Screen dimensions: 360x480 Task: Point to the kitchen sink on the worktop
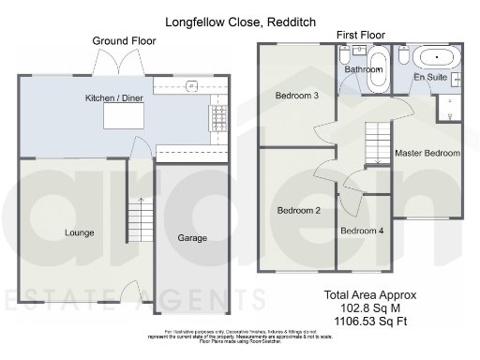pos(191,85)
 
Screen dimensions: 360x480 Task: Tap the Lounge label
pos(79,232)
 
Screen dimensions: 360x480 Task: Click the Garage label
pos(192,238)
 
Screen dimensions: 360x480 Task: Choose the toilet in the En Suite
pos(401,57)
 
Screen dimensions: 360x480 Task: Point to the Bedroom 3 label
pos(296,96)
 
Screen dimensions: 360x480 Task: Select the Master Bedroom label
pos(427,153)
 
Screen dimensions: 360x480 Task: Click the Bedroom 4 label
pos(362,231)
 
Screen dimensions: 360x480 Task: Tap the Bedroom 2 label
pos(299,211)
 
